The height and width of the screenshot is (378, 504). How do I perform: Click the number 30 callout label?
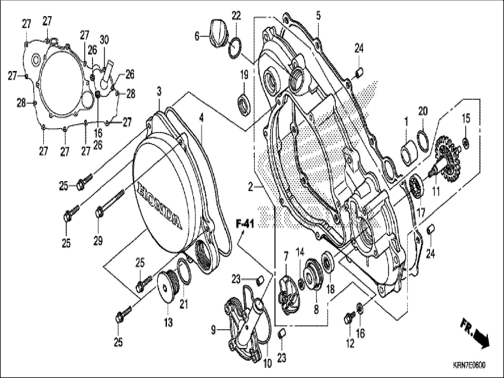[104, 40]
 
